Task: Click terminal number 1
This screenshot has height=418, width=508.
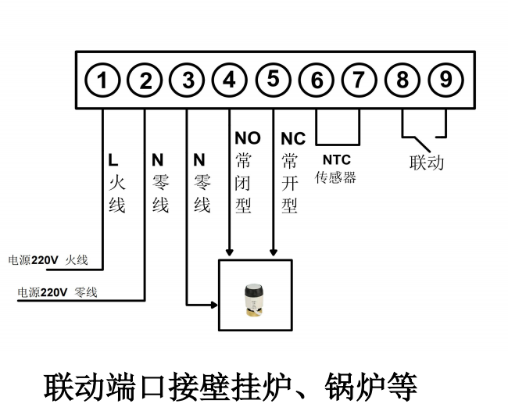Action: pos(103,80)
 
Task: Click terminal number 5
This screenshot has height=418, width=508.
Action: pos(272,80)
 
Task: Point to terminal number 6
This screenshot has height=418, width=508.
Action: pos(317,80)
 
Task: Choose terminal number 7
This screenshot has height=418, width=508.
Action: pos(359,80)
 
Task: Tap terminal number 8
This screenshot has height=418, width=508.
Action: pos(402,80)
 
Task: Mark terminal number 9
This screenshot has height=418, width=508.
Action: pos(445,80)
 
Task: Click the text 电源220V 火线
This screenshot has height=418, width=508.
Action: pos(47,260)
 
